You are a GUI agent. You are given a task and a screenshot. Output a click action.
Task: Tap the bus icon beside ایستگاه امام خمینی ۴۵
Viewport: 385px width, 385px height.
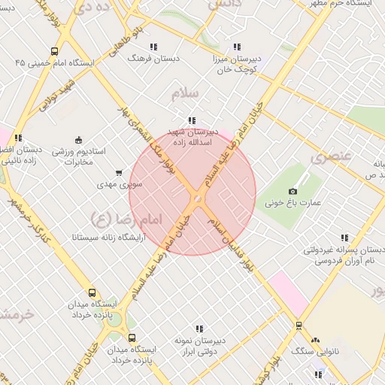[54, 51]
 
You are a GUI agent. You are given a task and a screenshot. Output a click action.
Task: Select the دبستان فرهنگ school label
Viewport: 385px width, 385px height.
[150, 57]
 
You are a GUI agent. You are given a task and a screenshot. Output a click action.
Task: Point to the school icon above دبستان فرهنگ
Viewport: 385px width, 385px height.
[154, 46]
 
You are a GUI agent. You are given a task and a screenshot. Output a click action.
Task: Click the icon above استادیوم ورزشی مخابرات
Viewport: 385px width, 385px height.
[79, 139]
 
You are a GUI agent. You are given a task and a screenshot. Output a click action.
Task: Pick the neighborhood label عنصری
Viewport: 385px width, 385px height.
[331, 157]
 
